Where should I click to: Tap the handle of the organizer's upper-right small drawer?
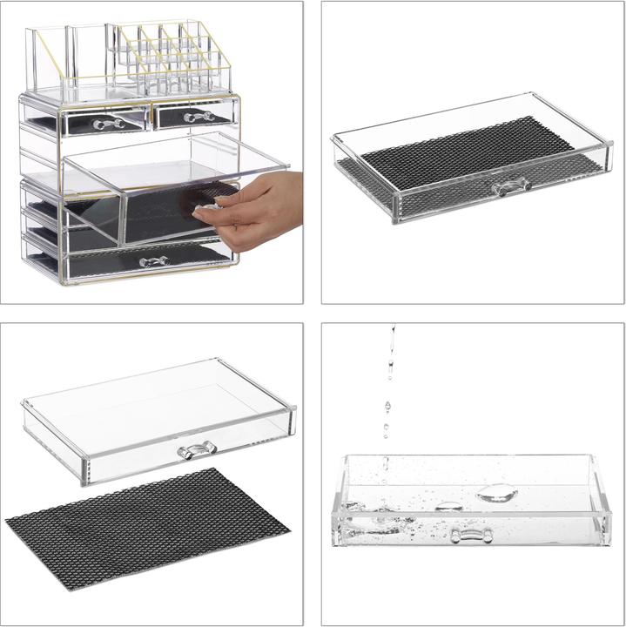point(199,116)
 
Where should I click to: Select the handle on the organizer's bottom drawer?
point(153,261)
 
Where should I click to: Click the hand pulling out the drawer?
point(252,206)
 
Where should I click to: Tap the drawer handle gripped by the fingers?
point(205,212)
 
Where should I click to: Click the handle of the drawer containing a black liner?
point(511,186)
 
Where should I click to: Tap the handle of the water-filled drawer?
point(471,534)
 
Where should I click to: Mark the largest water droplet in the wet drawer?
point(497,493)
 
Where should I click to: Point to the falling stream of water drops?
point(388,383)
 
